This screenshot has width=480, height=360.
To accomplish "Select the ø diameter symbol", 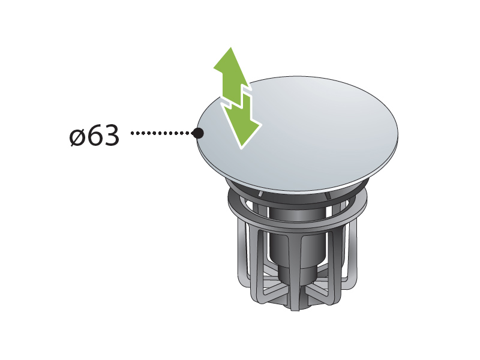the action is coord(77,137).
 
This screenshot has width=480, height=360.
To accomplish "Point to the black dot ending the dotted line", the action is coord(198,133).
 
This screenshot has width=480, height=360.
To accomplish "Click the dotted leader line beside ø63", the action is coord(161,133).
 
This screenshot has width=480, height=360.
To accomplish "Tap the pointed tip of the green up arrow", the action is coord(231,47).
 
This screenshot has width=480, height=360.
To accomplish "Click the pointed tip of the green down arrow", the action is coord(241,148).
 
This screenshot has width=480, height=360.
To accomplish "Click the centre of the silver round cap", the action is coord(298,134).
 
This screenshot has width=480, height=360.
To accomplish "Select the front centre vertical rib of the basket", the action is coord(294,269).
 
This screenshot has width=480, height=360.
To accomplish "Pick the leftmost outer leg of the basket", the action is coord(244,254).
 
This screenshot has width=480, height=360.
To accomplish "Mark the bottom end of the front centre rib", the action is coord(295,309).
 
